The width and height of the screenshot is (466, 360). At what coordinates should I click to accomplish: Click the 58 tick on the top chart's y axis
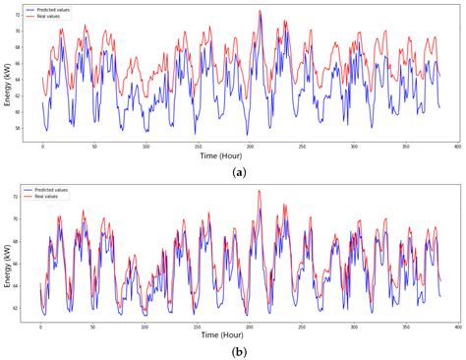pos(20,129)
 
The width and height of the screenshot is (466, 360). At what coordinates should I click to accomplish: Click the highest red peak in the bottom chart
pos(260,191)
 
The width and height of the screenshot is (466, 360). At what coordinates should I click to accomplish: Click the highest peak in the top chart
pos(260,11)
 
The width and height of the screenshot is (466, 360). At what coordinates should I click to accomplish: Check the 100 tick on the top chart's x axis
pos(146,146)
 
